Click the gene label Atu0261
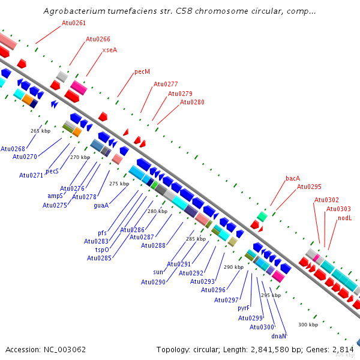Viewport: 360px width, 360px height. click(x=74, y=23)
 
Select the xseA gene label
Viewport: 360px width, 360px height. click(x=109, y=50)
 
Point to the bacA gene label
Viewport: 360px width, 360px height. click(x=293, y=178)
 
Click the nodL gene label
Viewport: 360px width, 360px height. click(x=344, y=218)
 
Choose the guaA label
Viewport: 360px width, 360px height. click(x=101, y=205)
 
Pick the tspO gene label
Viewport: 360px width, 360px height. click(x=103, y=249)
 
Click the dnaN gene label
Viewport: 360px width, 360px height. click(x=279, y=336)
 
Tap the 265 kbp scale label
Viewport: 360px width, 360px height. click(x=40, y=130)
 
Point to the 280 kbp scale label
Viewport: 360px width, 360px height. click(x=157, y=211)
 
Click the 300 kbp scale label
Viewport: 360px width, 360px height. click(x=308, y=325)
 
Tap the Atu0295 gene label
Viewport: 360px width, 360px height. click(x=309, y=187)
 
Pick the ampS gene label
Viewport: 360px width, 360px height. click(x=55, y=196)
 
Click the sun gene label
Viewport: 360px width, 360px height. click(x=158, y=272)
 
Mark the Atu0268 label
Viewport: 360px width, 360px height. click(x=13, y=149)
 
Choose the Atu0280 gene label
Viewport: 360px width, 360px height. click(x=192, y=102)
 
